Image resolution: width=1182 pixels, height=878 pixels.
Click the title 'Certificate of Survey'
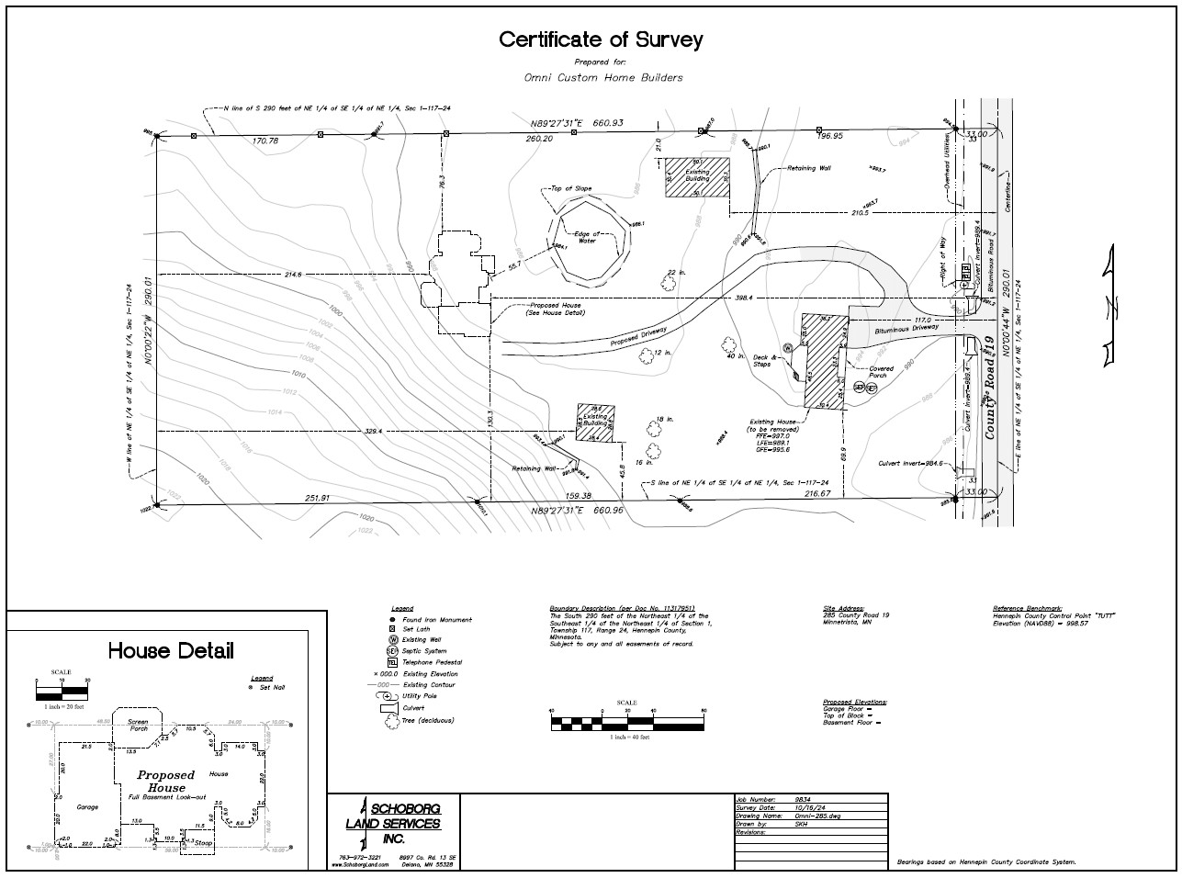pyautogui.click(x=601, y=39)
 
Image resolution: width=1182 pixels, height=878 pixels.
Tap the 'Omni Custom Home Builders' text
pyautogui.click(x=603, y=78)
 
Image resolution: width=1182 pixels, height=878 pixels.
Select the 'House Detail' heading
pyautogui.click(x=171, y=651)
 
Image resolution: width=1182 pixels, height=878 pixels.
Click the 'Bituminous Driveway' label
pyautogui.click(x=906, y=327)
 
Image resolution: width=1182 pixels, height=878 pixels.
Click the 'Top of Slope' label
pyautogui.click(x=570, y=188)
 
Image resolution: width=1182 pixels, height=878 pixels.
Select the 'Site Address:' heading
pyautogui.click(x=843, y=608)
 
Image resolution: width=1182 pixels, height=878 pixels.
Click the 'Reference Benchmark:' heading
pyautogui.click(x=1026, y=608)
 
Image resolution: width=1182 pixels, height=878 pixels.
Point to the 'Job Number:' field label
pyautogui.click(x=757, y=800)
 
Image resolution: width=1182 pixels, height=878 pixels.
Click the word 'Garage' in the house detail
pyautogui.click(x=87, y=807)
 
